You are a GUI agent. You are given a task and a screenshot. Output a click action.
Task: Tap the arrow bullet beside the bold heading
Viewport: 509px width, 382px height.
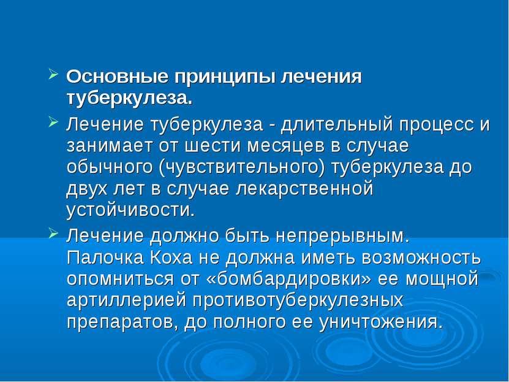coord(53,74)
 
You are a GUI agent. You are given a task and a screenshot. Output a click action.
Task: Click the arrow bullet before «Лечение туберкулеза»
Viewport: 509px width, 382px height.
coord(53,123)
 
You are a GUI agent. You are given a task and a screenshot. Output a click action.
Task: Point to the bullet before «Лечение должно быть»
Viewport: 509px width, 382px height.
coord(53,233)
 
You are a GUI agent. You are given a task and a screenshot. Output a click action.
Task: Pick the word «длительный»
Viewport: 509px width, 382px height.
coord(337,125)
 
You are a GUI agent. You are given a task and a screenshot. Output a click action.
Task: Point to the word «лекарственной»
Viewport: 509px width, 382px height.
coord(304,189)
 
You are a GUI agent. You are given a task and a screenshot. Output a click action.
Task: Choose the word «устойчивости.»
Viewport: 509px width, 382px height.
coord(130,211)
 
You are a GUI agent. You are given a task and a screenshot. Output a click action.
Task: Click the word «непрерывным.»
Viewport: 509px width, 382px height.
coord(343,237)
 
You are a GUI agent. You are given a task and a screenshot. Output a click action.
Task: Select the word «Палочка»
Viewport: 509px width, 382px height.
coord(105,258)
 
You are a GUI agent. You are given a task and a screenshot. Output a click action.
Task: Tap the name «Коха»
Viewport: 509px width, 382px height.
coord(172,258)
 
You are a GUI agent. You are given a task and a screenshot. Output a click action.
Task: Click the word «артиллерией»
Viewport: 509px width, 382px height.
coord(127,301)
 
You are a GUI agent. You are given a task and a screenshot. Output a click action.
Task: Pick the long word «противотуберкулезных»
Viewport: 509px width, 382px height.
coord(298,301)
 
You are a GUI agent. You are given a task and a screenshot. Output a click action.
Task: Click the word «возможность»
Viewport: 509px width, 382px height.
coord(421,258)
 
